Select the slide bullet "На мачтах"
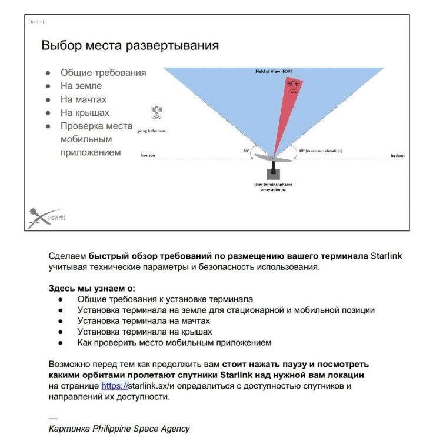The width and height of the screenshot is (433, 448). [x=84, y=99]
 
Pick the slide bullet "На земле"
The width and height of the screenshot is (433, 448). [x=81, y=86]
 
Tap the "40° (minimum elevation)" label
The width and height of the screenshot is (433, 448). [x=320, y=151]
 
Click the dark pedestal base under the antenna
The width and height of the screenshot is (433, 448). [x=273, y=174]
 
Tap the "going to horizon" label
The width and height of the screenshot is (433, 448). [x=152, y=131]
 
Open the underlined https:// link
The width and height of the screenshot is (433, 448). [x=114, y=386]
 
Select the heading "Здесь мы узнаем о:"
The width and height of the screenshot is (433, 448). [x=92, y=289]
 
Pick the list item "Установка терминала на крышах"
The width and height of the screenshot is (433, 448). [x=145, y=332]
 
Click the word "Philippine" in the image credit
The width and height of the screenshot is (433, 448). [x=117, y=428]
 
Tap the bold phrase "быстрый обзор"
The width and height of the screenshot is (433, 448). [x=118, y=256]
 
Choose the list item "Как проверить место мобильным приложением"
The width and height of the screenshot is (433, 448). [x=174, y=342]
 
